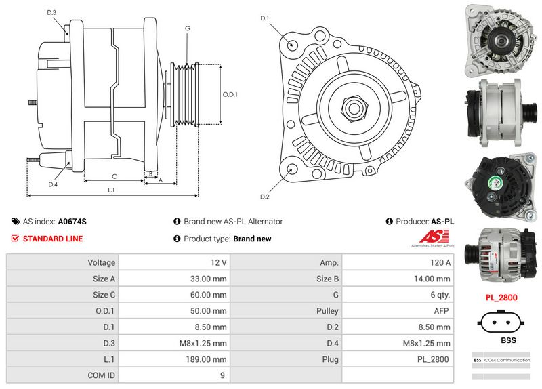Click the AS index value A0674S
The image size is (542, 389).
(72, 221)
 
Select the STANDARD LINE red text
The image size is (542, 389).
(53, 239)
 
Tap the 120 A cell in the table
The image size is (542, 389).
(440, 262)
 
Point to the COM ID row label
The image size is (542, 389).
(101, 374)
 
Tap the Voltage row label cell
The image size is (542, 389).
(101, 262)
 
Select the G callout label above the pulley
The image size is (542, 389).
(187, 28)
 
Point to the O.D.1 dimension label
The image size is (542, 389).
(230, 94)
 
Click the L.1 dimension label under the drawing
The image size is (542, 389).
(111, 190)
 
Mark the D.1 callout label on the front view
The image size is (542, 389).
(265, 18)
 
